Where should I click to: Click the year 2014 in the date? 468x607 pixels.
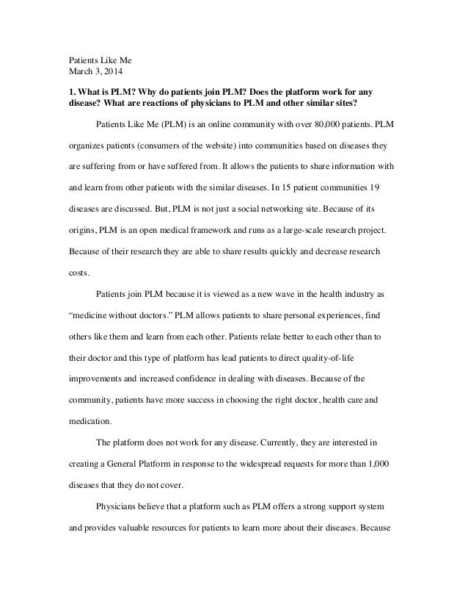pos(113,73)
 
